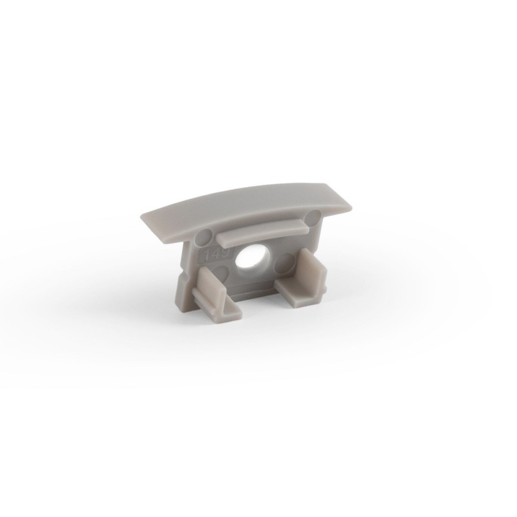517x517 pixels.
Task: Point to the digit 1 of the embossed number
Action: click(208, 251)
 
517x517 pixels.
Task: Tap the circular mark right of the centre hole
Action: click(286, 262)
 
